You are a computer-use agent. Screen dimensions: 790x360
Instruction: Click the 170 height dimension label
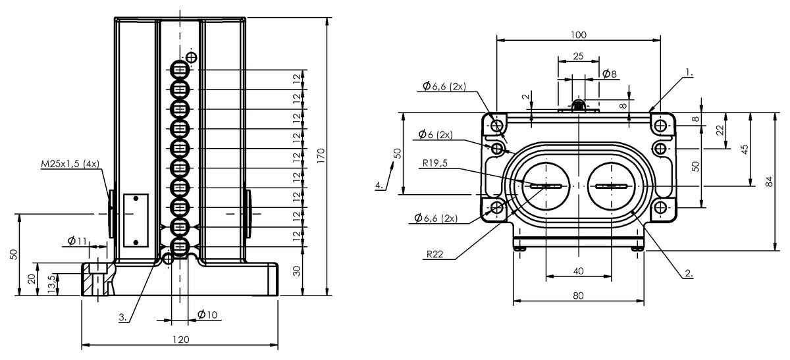pyautogui.click(x=321, y=155)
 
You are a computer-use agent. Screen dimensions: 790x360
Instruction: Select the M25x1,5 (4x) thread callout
pyautogui.click(x=70, y=164)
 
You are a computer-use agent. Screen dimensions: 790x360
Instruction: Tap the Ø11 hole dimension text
pyautogui.click(x=77, y=241)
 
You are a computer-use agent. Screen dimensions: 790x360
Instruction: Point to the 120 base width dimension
pyautogui.click(x=180, y=340)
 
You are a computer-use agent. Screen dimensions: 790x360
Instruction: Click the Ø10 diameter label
pyautogui.click(x=207, y=315)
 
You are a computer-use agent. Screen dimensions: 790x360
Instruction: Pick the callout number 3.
pyautogui.click(x=122, y=317)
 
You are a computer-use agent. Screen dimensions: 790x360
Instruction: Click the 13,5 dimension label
pyautogui.click(x=51, y=284)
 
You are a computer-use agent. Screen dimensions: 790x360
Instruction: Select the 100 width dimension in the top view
pyautogui.click(x=579, y=35)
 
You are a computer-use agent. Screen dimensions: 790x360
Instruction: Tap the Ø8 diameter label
pyautogui.click(x=610, y=74)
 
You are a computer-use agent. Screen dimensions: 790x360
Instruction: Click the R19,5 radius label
pyautogui.click(x=435, y=163)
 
